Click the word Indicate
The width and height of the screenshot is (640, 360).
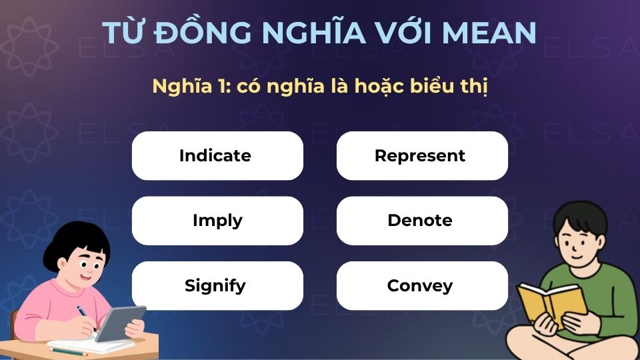click(215, 156)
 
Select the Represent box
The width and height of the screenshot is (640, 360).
click(420, 156)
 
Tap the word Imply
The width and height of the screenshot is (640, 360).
click(217, 221)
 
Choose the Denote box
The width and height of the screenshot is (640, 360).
click(420, 221)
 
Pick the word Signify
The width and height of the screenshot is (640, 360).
click(215, 286)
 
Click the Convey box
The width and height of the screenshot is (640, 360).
click(420, 286)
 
